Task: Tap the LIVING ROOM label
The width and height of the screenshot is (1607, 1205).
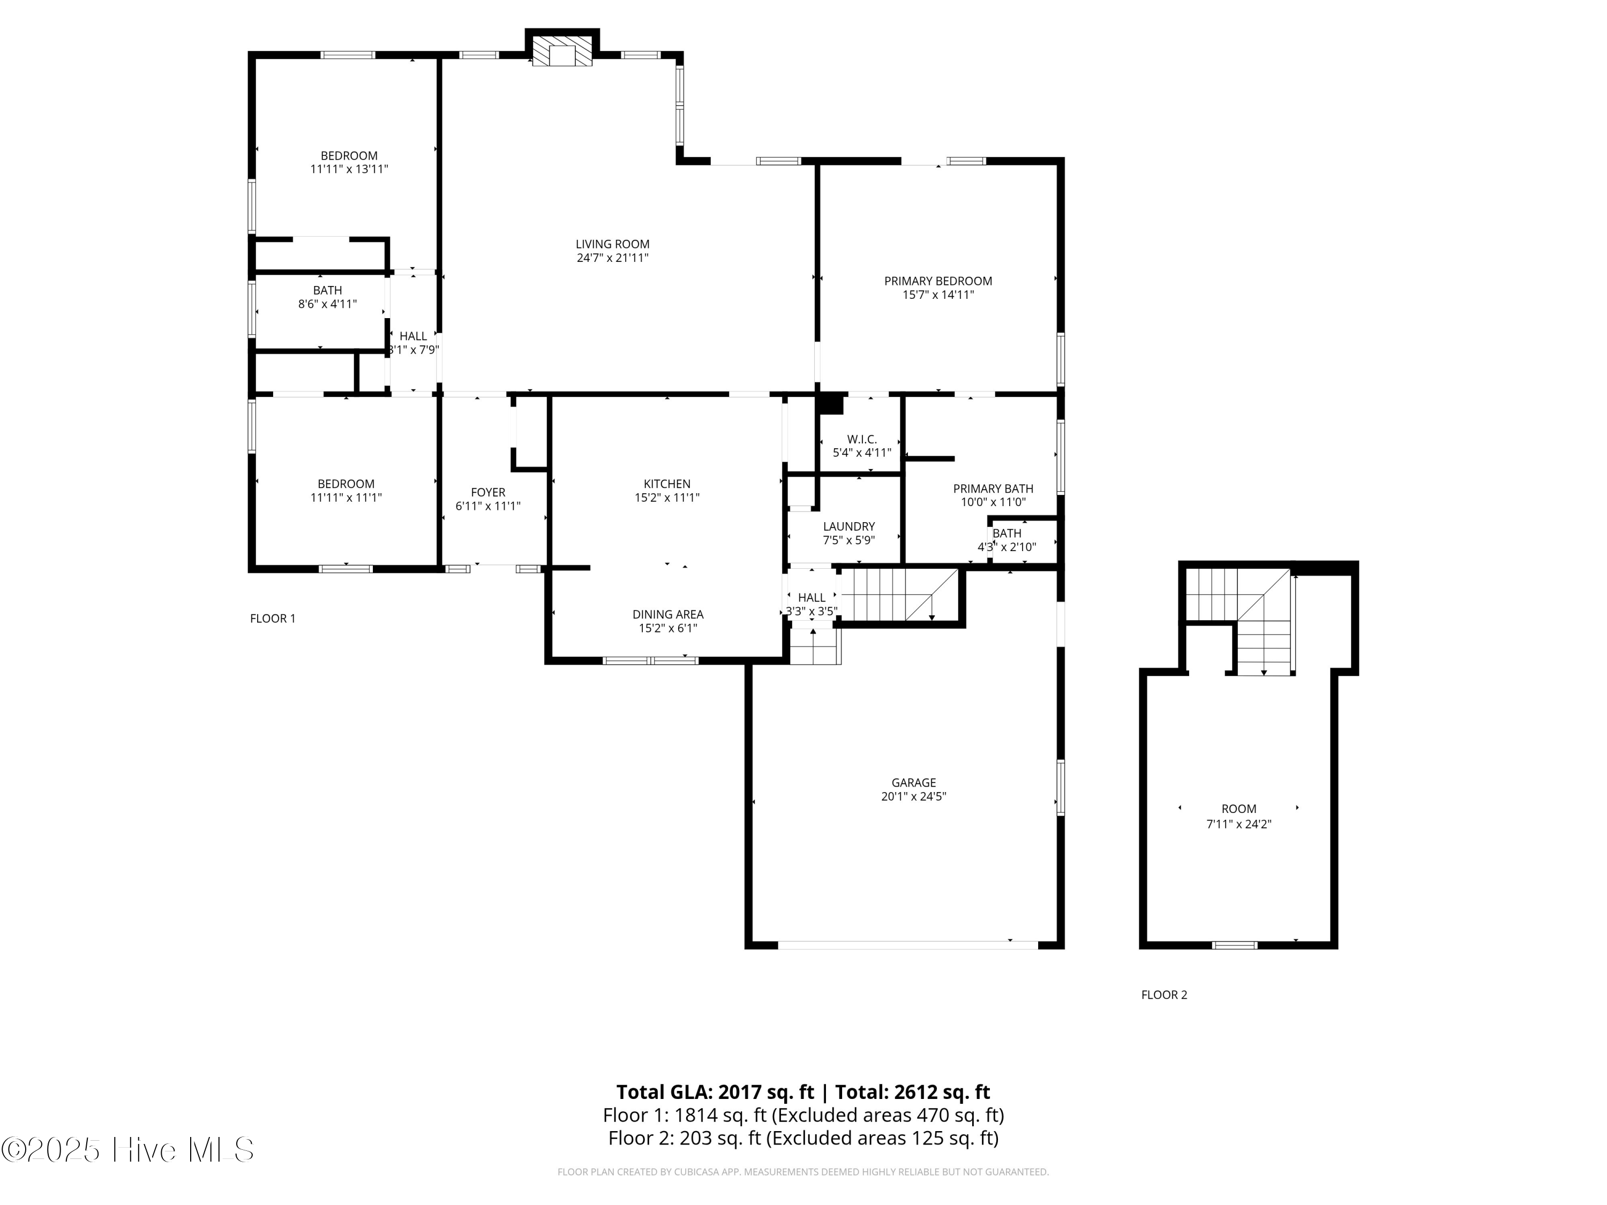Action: pyautogui.click(x=612, y=245)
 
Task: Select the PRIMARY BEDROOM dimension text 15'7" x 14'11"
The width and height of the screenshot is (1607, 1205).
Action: pyautogui.click(x=938, y=295)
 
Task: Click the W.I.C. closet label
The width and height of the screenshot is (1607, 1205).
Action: pyautogui.click(x=861, y=440)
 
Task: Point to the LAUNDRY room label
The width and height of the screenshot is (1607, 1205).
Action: pyautogui.click(x=848, y=526)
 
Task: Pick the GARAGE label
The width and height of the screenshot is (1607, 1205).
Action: pyautogui.click(x=913, y=783)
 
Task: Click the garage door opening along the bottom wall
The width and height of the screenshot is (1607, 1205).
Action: pyautogui.click(x=907, y=945)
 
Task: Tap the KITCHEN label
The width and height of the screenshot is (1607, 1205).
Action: pyautogui.click(x=667, y=484)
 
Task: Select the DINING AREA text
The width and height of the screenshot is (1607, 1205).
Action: pyautogui.click(x=667, y=614)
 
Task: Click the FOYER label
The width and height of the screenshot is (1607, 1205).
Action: pyautogui.click(x=487, y=493)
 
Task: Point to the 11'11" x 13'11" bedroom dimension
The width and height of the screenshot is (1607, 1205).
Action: pyautogui.click(x=349, y=169)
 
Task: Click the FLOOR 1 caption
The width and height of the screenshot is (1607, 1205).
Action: pyautogui.click(x=273, y=619)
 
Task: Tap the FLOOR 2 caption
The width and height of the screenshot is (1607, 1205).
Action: pyautogui.click(x=1164, y=995)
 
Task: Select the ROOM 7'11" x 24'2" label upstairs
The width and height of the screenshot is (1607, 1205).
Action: pyautogui.click(x=1238, y=816)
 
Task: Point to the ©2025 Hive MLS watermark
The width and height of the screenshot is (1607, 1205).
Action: pyautogui.click(x=128, y=1150)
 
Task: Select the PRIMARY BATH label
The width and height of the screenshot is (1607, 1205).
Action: pyautogui.click(x=993, y=489)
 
